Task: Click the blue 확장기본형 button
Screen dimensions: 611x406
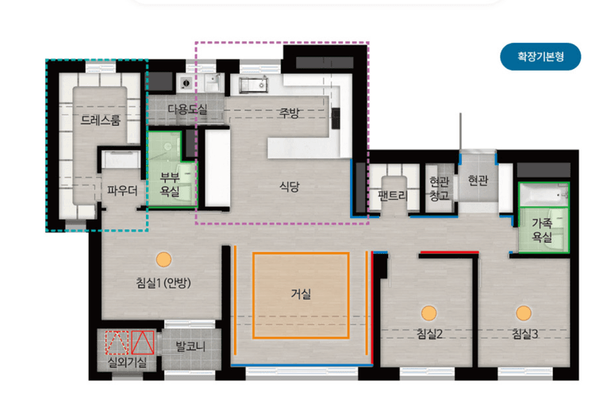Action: [x=540, y=57]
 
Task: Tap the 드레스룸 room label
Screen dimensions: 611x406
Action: [x=101, y=120]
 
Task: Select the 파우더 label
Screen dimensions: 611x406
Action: [x=122, y=190]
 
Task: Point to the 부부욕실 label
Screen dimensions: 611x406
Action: [x=170, y=184]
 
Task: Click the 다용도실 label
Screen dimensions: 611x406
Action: [x=187, y=109]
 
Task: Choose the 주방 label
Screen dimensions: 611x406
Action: [x=289, y=113]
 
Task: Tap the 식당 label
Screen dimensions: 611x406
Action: [x=290, y=186]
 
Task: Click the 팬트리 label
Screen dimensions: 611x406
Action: [x=393, y=195]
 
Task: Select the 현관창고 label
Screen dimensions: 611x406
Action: [x=439, y=189]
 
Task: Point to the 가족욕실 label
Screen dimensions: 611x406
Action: [x=542, y=230]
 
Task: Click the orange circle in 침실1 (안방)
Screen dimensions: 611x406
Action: [x=163, y=259]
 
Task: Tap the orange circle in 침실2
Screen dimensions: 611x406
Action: [x=428, y=313]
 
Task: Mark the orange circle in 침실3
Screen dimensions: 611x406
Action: [x=524, y=313]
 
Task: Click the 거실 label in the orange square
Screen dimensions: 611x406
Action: [x=301, y=293]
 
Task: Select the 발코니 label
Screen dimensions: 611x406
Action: [x=190, y=346]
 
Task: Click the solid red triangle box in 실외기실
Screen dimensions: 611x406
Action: [x=142, y=343]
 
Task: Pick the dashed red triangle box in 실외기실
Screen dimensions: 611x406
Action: [x=117, y=343]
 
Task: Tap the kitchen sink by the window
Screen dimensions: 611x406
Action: [x=253, y=86]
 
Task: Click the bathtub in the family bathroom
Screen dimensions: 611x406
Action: [x=544, y=195]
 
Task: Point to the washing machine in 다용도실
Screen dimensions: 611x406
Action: [x=186, y=83]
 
